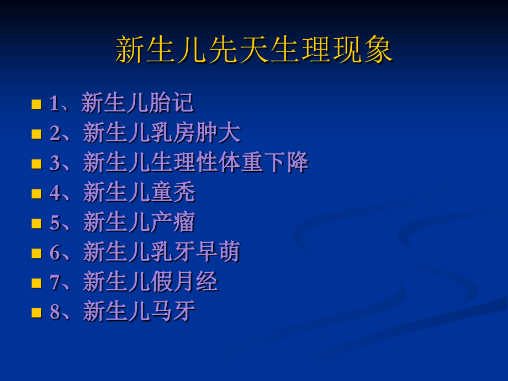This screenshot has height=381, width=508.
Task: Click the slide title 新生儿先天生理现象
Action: coord(254,51)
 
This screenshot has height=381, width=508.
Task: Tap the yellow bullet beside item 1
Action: coord(36,104)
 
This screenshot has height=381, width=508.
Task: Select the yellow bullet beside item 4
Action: coord(36,193)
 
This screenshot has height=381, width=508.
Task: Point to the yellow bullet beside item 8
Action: coord(36,313)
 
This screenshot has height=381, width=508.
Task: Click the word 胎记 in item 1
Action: coord(172,103)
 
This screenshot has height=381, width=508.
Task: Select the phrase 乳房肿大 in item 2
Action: coord(196,133)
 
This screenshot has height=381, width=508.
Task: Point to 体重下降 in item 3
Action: coord(263,163)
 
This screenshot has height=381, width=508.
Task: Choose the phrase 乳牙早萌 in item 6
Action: coord(196,252)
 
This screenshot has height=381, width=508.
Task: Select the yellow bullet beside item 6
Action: coord(36,253)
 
